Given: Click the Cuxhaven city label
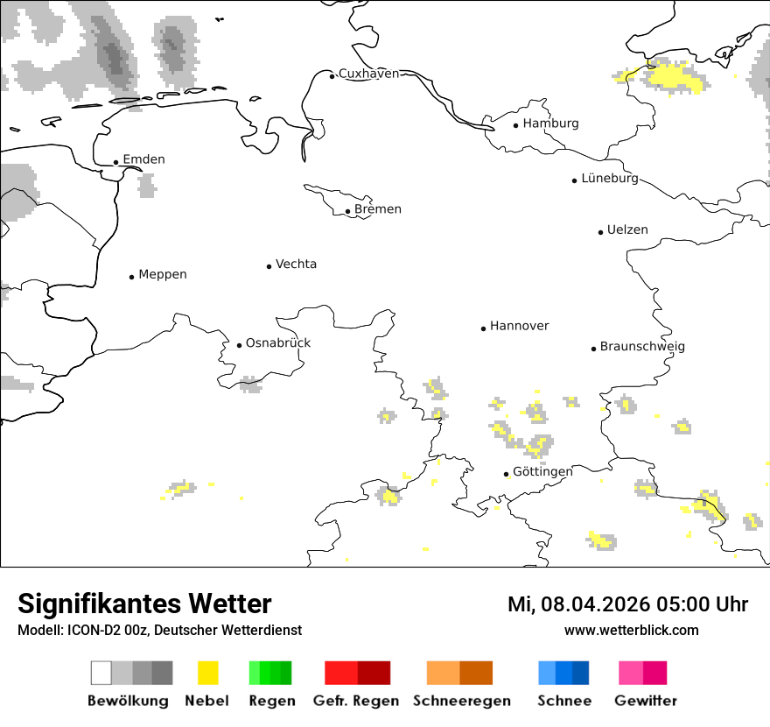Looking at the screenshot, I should (368, 74).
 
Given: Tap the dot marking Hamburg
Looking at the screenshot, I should (515, 124).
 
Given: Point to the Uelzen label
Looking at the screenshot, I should (627, 229).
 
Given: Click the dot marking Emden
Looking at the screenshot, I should (115, 162).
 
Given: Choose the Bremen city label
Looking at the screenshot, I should (378, 209).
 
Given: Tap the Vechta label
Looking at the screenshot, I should (296, 264).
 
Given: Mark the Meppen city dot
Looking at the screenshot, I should (131, 277).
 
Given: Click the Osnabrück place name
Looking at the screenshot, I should (278, 342).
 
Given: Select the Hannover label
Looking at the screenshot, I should (519, 326).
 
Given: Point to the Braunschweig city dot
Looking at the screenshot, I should (593, 349).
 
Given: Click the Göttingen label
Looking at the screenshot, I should (542, 471).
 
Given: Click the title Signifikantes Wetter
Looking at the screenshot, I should (144, 603).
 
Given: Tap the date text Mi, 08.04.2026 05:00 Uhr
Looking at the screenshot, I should (627, 604).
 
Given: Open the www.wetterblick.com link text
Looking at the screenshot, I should (631, 630).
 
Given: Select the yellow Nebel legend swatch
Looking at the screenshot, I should (207, 673).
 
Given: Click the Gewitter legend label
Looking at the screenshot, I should (645, 701).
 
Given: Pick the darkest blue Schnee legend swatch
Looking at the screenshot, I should (581, 673).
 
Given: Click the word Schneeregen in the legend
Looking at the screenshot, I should (461, 701).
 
